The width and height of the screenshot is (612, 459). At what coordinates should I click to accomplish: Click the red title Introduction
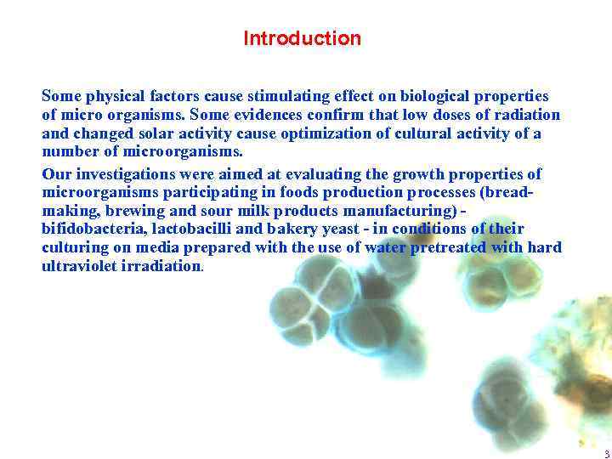[302, 38]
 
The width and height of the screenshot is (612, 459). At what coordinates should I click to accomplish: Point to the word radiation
[524, 115]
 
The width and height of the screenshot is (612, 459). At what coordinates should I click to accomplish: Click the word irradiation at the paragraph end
[162, 266]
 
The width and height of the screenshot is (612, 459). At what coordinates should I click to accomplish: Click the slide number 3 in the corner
[606, 453]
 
